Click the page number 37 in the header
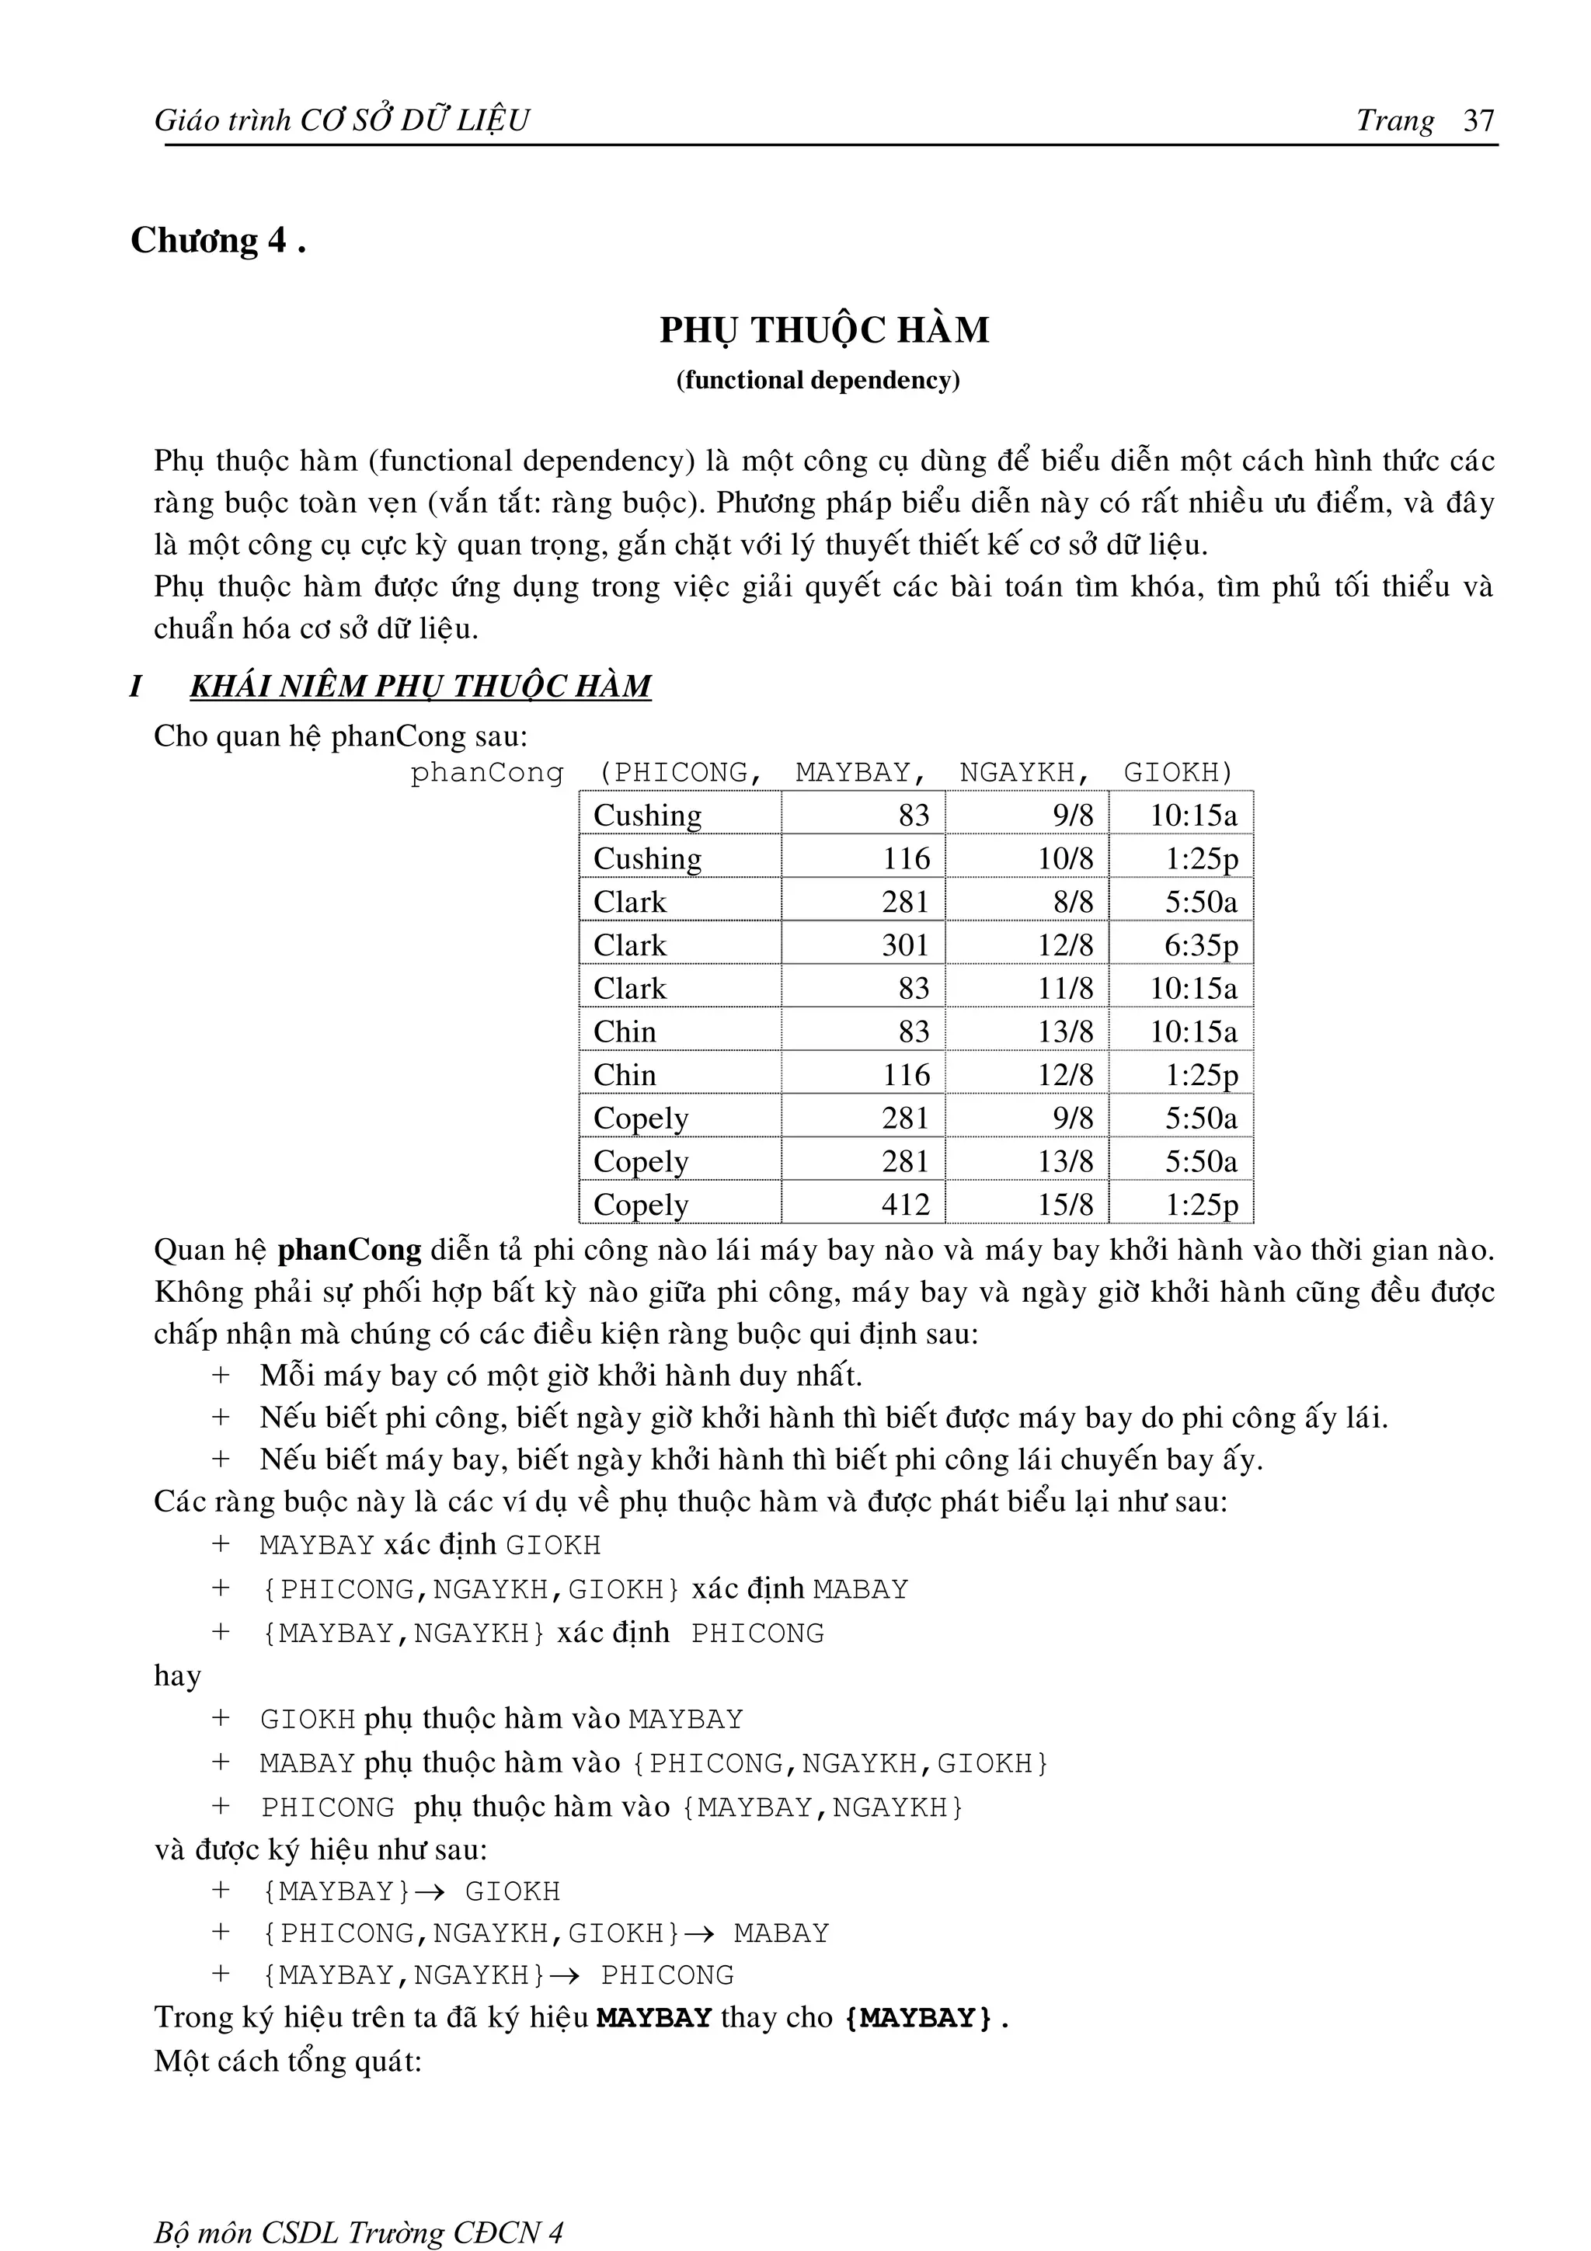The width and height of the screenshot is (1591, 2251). (1478, 120)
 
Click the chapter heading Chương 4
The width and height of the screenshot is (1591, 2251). (218, 241)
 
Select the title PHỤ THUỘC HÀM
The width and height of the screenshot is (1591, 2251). (823, 329)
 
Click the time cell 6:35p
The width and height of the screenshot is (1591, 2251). (1201, 945)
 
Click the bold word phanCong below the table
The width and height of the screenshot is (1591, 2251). (349, 1250)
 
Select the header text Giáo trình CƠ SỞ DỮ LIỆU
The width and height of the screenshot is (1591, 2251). (341, 120)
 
